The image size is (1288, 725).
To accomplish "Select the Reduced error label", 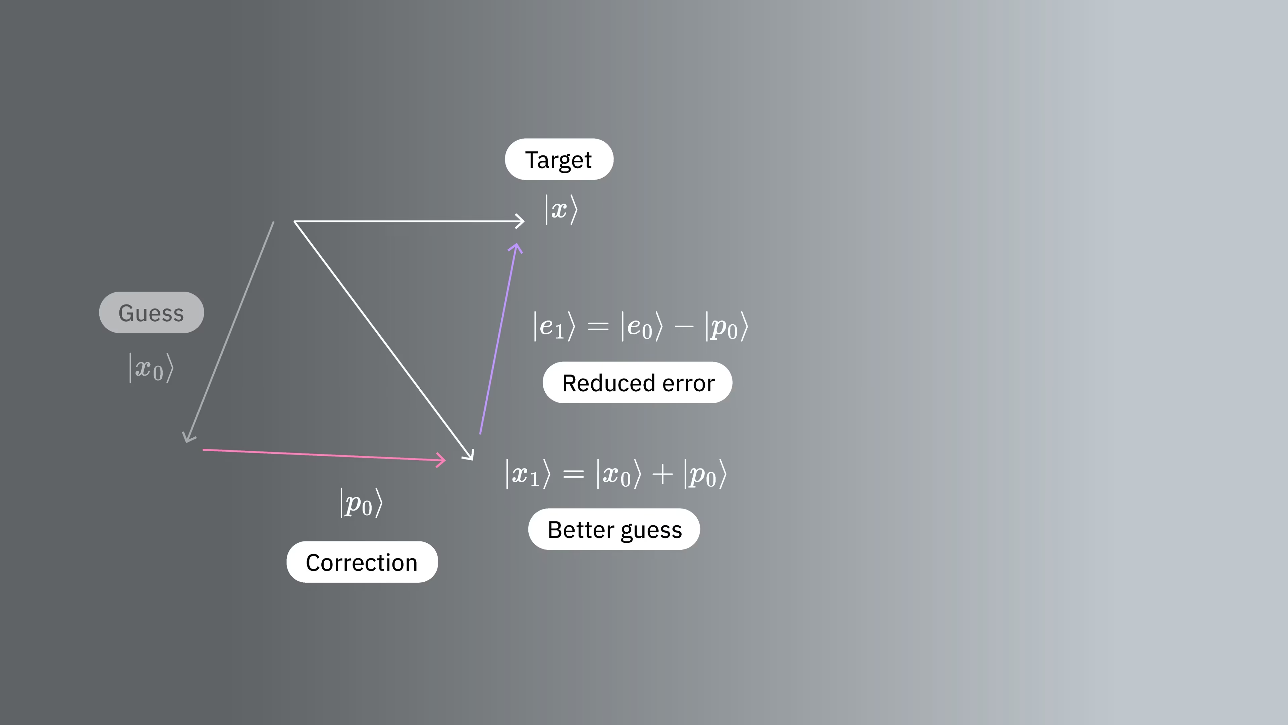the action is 638,382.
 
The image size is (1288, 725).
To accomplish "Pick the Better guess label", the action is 614,529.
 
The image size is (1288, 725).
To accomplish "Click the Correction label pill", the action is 362,562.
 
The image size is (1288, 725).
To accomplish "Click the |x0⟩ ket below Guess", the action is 151,368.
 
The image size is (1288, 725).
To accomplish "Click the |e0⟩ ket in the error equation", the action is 642,326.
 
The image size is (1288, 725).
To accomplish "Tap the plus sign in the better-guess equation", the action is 662,474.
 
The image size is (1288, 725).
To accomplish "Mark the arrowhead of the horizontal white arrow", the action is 524,221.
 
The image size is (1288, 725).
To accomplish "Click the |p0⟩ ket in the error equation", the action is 727,326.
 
